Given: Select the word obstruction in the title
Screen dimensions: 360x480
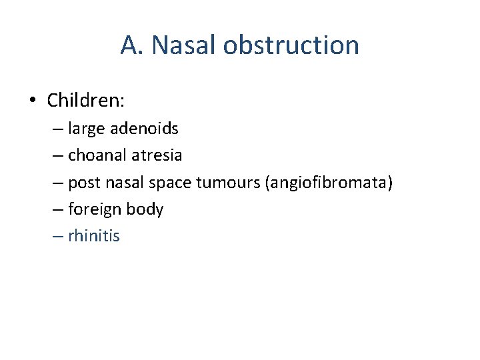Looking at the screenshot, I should (x=291, y=45).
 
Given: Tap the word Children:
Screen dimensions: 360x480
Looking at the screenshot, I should (x=86, y=101).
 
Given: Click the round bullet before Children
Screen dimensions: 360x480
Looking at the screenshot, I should (x=33, y=101).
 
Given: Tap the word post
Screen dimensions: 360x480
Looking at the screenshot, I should (x=82, y=183).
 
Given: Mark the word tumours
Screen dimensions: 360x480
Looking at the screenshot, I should (x=229, y=183).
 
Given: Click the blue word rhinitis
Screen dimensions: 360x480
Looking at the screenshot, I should (x=94, y=236).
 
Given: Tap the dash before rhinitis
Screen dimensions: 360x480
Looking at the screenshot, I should (x=58, y=236).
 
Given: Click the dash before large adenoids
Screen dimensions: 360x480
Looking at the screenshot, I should (x=58, y=129).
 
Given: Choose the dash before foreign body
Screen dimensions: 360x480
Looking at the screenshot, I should (x=58, y=209).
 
